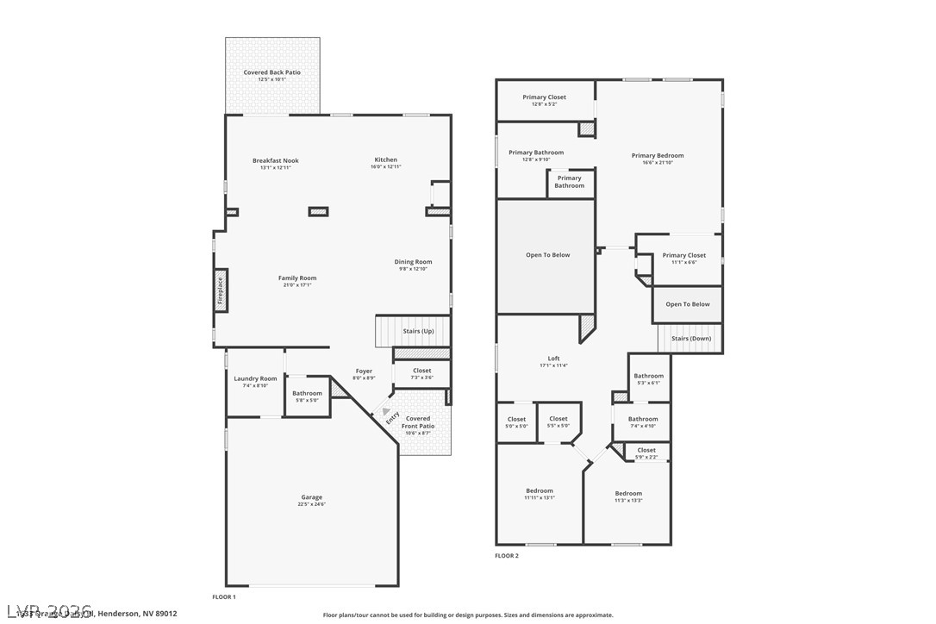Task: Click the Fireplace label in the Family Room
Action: tap(220, 290)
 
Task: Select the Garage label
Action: tap(311, 497)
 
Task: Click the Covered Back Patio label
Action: tap(271, 72)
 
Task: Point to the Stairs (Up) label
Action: tap(418, 331)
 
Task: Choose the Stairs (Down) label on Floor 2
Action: tap(691, 339)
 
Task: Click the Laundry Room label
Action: tap(255, 378)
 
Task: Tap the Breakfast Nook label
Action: tap(275, 160)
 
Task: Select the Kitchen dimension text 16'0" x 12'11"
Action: tap(385, 167)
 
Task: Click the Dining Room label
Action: tap(413, 262)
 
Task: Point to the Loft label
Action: tap(553, 359)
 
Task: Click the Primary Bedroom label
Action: tap(657, 156)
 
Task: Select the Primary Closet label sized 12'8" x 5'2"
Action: tap(544, 97)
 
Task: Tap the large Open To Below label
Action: tap(547, 255)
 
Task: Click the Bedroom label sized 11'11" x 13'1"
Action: tap(540, 491)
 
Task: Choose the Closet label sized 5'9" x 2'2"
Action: tap(646, 450)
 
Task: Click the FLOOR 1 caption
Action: tap(223, 596)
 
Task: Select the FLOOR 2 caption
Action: tap(506, 556)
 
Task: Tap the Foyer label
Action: tap(365, 371)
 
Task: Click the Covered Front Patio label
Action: tap(421, 421)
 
